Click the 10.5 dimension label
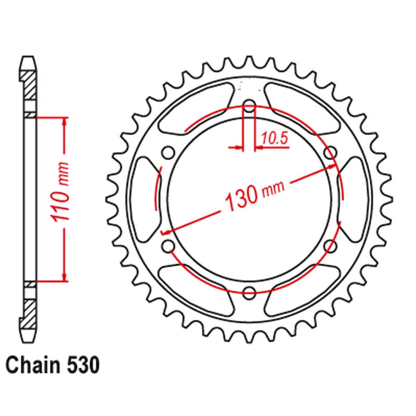coord(275,138)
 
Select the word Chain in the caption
coord(33,366)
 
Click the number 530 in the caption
coord(83,366)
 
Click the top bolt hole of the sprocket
coord(249,106)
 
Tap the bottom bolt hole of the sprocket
coord(249,293)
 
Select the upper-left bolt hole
coord(168,152)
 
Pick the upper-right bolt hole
coord(331,152)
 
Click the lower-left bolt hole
coord(168,246)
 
